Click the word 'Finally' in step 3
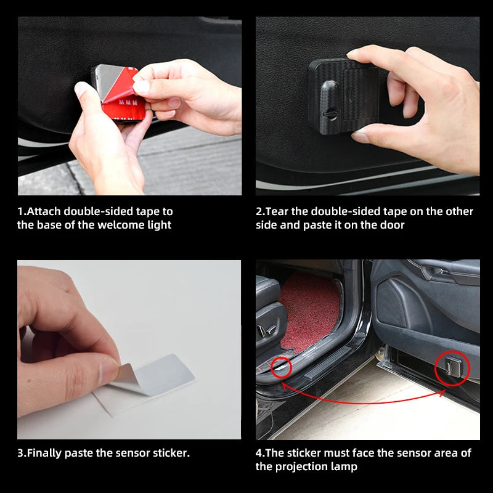(x=46, y=453)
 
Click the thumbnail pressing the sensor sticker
(x=108, y=369)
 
